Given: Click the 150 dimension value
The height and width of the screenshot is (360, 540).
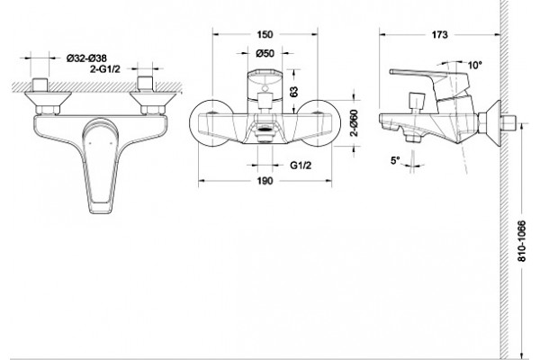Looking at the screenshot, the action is point(265,34).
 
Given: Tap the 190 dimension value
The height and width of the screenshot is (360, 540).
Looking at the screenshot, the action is point(265,181).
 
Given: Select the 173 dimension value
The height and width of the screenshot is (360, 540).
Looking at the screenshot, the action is point(440,35).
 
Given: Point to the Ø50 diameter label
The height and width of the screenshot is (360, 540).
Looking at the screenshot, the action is point(265,53).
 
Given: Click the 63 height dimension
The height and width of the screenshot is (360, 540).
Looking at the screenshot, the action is point(293,92).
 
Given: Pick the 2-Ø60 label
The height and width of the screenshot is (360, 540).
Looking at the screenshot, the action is point(355,123).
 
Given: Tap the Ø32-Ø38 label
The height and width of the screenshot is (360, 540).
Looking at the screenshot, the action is point(86,58).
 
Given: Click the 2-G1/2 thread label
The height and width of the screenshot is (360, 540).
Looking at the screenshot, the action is point(105,69).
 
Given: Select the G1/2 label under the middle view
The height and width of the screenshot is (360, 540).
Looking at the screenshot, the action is point(301,166).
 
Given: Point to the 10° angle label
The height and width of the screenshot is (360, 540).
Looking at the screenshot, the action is point(475,65).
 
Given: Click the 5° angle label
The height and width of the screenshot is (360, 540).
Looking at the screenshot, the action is point(395,160).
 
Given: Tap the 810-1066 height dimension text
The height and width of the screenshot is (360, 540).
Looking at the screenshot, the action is point(522,241).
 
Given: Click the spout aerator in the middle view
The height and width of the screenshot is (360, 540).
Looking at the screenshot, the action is point(265,130).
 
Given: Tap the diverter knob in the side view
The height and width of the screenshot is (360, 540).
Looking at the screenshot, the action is point(416,102).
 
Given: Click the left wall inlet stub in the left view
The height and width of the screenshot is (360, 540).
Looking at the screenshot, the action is point(40,85).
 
